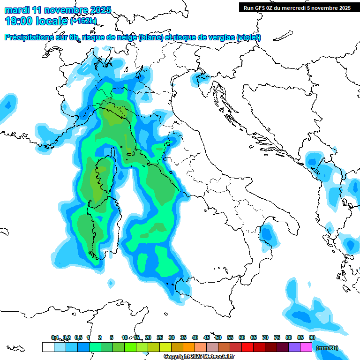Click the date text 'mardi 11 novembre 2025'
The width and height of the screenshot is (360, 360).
click(x=58, y=10)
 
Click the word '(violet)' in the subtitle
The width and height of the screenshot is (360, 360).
click(x=249, y=37)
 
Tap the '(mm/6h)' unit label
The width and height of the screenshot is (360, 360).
click(x=326, y=348)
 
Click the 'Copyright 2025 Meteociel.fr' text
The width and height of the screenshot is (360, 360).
click(x=199, y=357)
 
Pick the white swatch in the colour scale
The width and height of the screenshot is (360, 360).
click(x=48, y=347)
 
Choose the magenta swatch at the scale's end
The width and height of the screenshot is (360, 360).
click(x=306, y=347)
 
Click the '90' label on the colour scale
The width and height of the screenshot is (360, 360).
click(x=312, y=337)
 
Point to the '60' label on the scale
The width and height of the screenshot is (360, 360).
click(x=242, y=337)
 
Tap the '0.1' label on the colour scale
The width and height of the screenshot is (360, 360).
click(x=55, y=337)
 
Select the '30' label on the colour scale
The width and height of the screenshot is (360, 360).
click(x=172, y=337)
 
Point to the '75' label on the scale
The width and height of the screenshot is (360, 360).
click(x=277, y=337)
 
